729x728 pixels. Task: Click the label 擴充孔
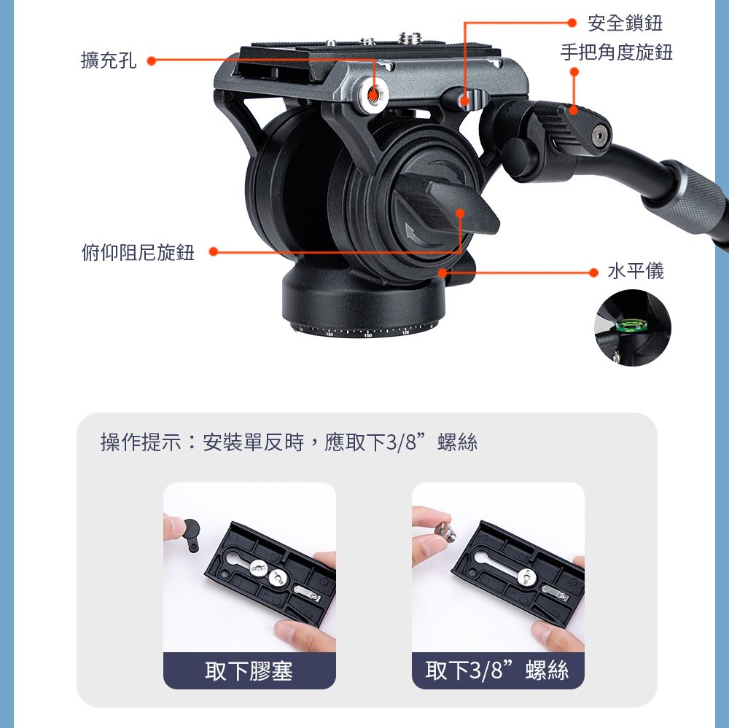point(109,60)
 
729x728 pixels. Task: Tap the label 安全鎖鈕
point(625,23)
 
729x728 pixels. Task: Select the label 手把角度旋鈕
point(617,52)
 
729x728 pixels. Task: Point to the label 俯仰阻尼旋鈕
point(138,252)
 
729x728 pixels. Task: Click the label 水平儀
point(636,271)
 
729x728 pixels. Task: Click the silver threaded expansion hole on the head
point(373,95)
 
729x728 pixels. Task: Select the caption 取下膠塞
point(249,671)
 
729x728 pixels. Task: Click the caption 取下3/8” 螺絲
point(497,671)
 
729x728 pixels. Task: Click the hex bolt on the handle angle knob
point(599,136)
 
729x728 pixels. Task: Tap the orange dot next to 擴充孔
point(151,61)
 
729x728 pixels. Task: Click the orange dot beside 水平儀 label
point(593,273)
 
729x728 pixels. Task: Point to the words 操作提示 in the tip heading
point(141,442)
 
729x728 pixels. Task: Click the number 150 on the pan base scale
point(367,334)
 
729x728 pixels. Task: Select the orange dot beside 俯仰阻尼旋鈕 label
point(214,251)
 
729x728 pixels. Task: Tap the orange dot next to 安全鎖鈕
point(572,23)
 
